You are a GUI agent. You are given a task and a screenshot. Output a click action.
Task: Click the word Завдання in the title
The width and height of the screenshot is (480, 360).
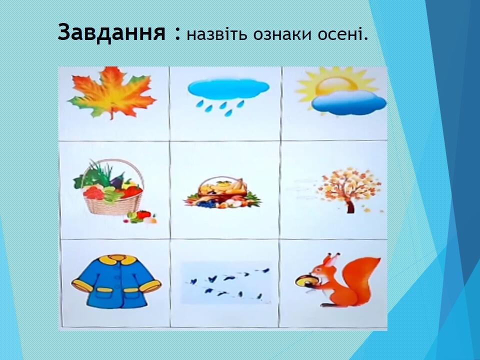[x=112, y=32]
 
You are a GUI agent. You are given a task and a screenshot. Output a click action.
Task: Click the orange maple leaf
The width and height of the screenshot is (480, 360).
[x=111, y=92]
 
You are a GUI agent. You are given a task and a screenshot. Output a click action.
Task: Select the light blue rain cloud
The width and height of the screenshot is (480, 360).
[x=228, y=88]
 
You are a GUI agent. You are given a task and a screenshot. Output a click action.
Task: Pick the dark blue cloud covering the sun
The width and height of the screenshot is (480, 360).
[x=349, y=102]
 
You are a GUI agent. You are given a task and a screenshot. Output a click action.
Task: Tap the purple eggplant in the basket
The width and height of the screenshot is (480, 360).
[x=117, y=180]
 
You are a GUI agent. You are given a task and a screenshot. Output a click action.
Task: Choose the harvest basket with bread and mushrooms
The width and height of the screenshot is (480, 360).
[x=222, y=192]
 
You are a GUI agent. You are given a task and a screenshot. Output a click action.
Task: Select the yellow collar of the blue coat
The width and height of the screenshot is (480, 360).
[x=116, y=260]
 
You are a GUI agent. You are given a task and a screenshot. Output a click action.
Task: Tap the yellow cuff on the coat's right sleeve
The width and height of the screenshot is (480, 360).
[x=150, y=286]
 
